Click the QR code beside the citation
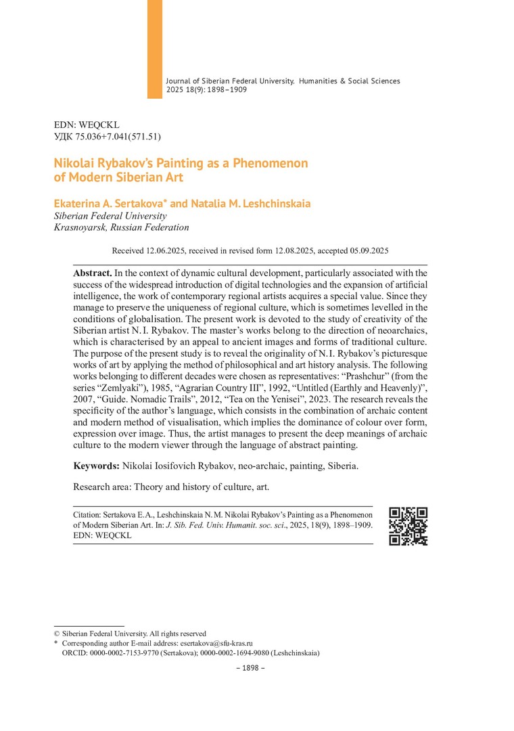[408, 526]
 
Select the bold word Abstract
[93, 273]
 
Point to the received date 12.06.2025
[166, 250]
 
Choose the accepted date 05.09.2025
[365, 250]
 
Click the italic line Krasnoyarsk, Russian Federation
[122, 227]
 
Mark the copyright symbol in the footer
[57, 634]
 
